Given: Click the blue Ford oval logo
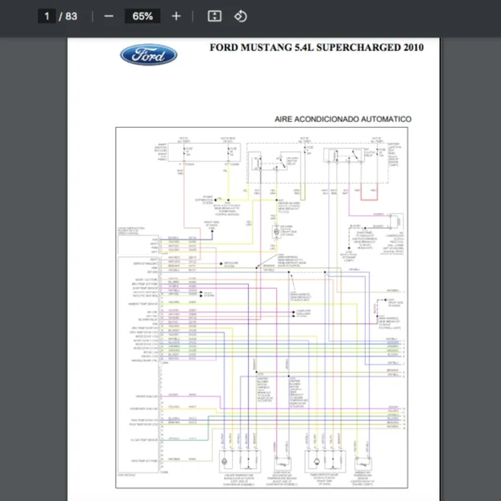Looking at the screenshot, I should [149, 55].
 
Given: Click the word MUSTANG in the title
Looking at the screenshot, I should [266, 48].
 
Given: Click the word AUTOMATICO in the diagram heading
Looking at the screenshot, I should [382, 119].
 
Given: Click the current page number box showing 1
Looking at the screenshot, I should [48, 16].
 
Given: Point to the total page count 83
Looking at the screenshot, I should [71, 16].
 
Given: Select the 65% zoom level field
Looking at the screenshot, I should [142, 16].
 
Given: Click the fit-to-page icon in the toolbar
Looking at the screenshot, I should [215, 16].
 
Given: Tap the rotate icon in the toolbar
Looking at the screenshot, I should [240, 16].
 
